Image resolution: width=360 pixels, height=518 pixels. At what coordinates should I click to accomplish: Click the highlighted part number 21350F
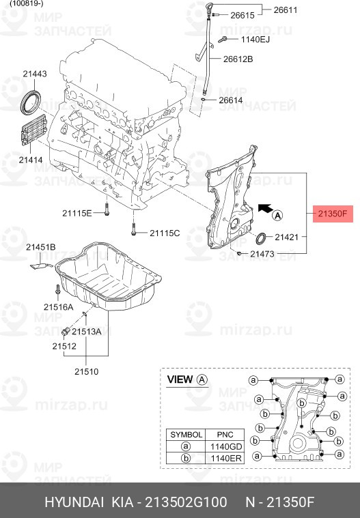click(x=333, y=214)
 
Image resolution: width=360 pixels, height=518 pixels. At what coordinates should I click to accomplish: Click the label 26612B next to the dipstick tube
click(x=238, y=59)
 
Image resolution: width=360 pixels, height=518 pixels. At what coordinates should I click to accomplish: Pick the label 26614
click(x=230, y=100)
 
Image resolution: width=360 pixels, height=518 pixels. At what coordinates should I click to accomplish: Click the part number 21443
click(x=34, y=74)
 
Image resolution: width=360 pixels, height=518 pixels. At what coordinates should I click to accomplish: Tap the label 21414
click(x=31, y=160)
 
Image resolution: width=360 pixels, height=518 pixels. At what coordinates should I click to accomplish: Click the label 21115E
click(x=77, y=213)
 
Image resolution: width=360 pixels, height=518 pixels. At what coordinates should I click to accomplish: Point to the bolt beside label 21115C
click(x=134, y=233)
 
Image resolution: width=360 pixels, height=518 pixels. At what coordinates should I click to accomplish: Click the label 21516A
click(x=58, y=307)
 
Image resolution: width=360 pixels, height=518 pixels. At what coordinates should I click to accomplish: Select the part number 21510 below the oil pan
click(x=87, y=372)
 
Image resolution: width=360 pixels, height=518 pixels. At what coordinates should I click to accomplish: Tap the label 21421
click(x=287, y=237)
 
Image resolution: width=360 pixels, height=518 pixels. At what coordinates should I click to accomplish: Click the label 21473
click(x=262, y=254)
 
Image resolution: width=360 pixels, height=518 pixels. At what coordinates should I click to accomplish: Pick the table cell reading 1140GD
click(x=225, y=446)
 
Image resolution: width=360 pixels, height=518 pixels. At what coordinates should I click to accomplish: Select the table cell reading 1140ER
click(x=225, y=458)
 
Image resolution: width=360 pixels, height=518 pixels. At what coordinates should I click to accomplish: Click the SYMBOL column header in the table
click(x=186, y=434)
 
